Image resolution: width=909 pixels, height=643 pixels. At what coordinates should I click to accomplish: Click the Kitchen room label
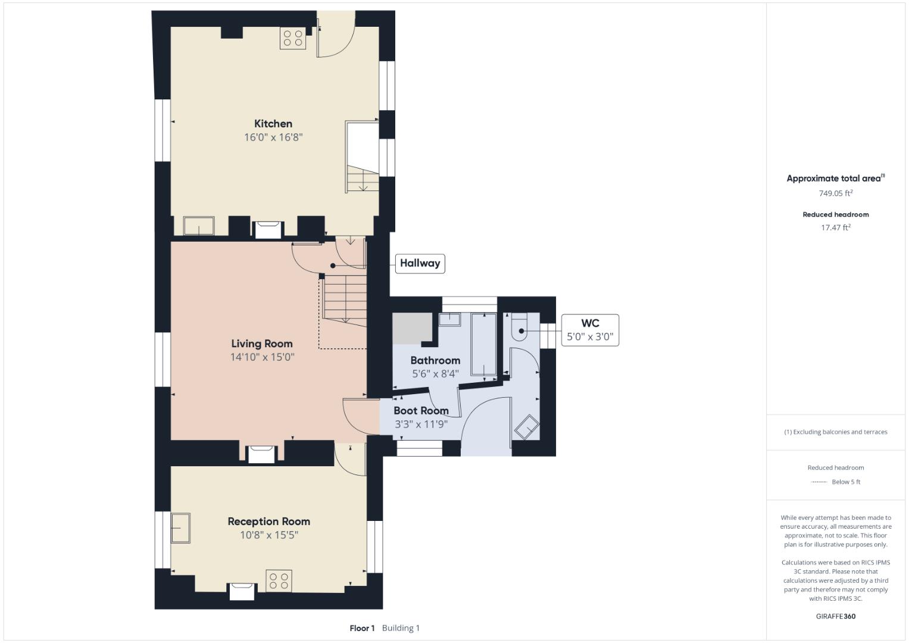pyautogui.click(x=273, y=123)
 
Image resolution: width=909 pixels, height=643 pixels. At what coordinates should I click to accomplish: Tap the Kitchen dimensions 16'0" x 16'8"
pyautogui.click(x=273, y=137)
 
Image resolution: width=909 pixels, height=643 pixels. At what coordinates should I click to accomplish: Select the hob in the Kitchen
pyautogui.click(x=293, y=38)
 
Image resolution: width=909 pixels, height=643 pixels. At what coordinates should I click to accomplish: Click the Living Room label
pyautogui.click(x=262, y=344)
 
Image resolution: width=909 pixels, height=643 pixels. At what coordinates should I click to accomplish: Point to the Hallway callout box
pyautogui.click(x=420, y=263)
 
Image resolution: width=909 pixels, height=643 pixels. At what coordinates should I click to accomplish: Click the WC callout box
pyautogui.click(x=590, y=330)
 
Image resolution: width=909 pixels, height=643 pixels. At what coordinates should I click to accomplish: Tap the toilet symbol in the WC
pyautogui.click(x=519, y=327)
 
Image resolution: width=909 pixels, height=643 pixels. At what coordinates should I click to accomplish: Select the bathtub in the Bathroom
pyautogui.click(x=484, y=344)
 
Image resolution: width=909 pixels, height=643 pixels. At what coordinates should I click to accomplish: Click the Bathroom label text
pyautogui.click(x=435, y=360)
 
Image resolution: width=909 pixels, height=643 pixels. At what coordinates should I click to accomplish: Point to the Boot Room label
pyautogui.click(x=421, y=411)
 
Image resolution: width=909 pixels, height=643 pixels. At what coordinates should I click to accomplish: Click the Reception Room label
pyautogui.click(x=268, y=521)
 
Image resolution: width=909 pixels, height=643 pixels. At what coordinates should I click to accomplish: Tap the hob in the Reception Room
pyautogui.click(x=279, y=581)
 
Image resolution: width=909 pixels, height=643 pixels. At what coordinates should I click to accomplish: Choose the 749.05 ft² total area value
pyautogui.click(x=836, y=193)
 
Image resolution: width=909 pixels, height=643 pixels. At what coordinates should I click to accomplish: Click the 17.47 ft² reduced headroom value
pyautogui.click(x=836, y=227)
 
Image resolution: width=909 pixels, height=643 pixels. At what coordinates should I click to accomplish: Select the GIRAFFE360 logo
pyautogui.click(x=836, y=616)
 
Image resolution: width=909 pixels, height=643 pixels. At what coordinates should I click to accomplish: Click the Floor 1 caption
pyautogui.click(x=362, y=628)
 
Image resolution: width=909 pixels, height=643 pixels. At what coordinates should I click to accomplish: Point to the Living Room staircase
pyautogui.click(x=345, y=298)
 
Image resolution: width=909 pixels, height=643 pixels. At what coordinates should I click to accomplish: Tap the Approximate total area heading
pyautogui.click(x=836, y=178)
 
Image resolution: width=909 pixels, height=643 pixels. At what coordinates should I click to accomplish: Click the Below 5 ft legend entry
pyautogui.click(x=836, y=482)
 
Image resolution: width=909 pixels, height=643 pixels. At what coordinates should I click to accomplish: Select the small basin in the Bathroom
pyautogui.click(x=449, y=320)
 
